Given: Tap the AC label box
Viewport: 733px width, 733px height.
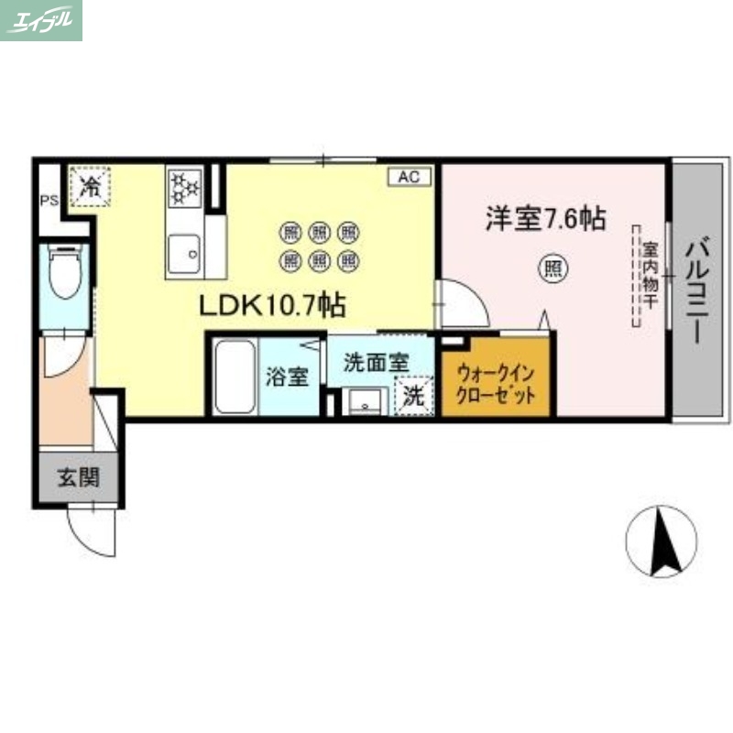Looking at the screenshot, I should click(409, 177).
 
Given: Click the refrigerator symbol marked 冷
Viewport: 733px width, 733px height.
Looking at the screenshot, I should click(90, 188).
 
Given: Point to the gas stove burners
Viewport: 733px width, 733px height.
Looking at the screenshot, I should click(185, 189).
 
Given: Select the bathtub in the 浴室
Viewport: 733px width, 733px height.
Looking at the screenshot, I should click(235, 377).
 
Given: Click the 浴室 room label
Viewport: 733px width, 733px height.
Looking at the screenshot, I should click(287, 377).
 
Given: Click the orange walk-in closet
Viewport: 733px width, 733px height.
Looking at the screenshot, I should click(497, 379).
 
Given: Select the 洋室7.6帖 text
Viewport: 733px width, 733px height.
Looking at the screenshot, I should click(544, 219).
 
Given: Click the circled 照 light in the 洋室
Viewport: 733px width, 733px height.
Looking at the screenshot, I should click(553, 268).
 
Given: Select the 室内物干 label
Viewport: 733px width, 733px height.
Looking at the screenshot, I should click(648, 275).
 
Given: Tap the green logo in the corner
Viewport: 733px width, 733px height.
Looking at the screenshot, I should click(41, 20).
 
